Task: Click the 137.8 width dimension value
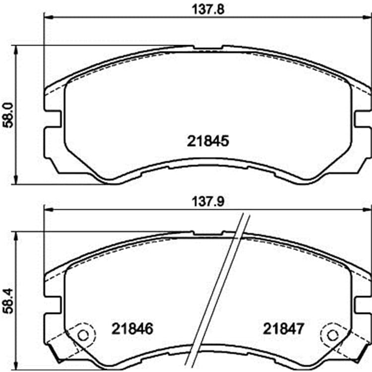[x=208, y=10]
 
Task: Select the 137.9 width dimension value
[x=208, y=202]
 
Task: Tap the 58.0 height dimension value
[x=9, y=115]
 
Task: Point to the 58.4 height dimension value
[x=9, y=301]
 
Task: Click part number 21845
[x=208, y=141]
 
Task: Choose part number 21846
[x=132, y=329]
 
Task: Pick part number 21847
[x=283, y=329]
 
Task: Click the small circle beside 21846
[x=83, y=335]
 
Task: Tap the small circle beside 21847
[x=332, y=335]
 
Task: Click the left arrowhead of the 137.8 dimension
[x=48, y=17]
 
